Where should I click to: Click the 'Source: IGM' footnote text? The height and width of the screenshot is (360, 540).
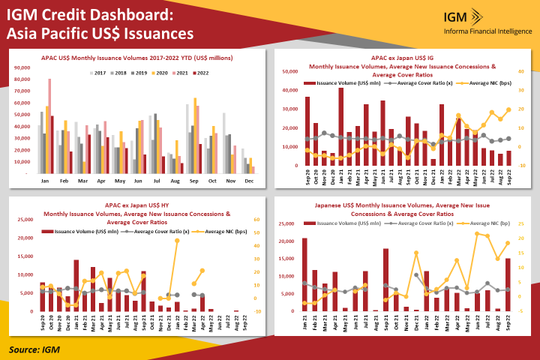coord(34,349)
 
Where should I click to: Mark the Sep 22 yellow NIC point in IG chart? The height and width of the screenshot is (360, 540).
coord(508,109)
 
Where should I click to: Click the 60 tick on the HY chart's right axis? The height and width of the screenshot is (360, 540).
coord(255,220)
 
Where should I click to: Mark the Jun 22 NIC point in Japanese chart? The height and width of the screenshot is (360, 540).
coord(477,233)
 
